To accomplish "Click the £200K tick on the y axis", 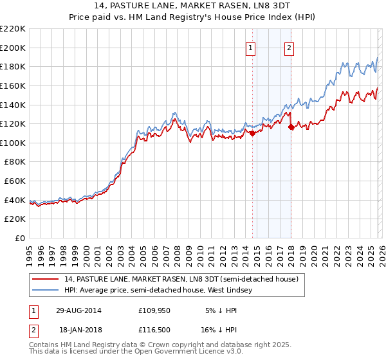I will point(14,48).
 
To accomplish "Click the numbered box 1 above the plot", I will point(250,48).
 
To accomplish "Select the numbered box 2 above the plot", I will point(289,48).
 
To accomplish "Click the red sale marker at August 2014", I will point(252,134).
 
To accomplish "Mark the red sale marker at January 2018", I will point(291,127).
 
